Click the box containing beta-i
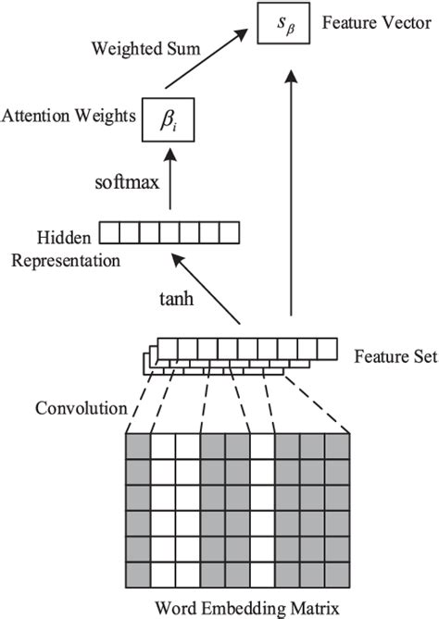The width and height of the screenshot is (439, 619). (x=167, y=120)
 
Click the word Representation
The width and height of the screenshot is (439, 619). (x=66, y=261)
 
